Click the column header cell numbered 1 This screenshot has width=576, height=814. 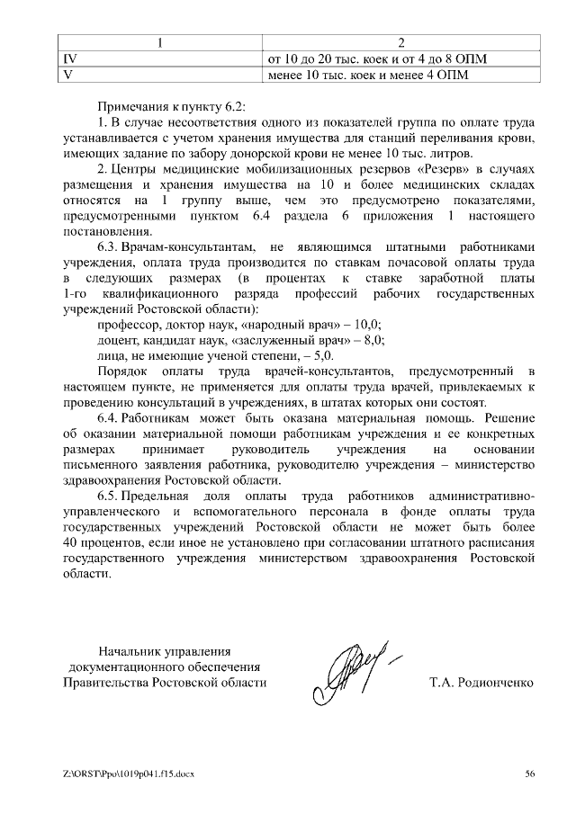point(158,43)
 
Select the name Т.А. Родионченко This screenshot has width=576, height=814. point(481,683)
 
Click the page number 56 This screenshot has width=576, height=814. point(529,773)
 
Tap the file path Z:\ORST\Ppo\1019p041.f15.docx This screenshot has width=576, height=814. point(129,773)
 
